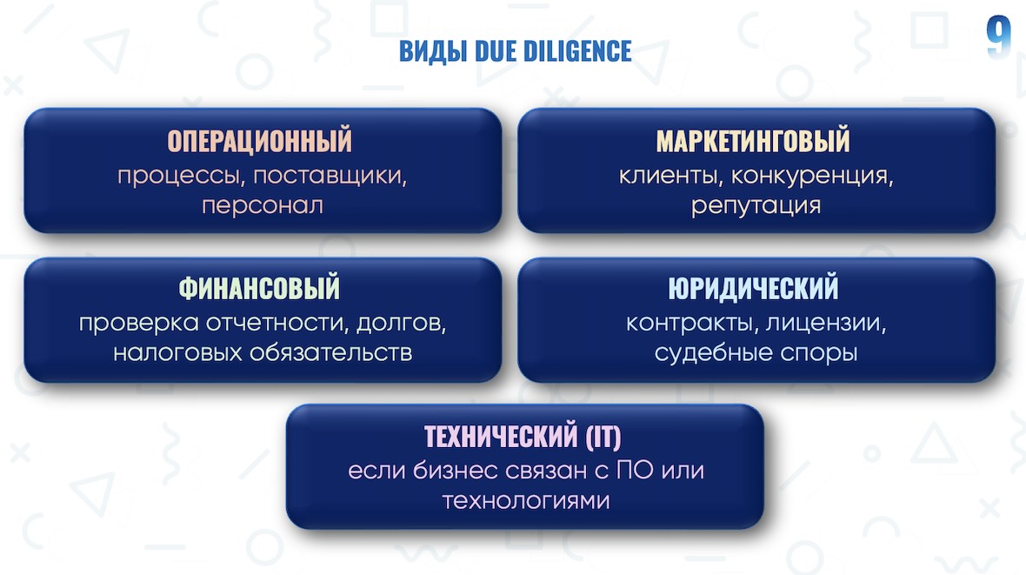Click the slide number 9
(x=998, y=37)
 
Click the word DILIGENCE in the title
(x=578, y=51)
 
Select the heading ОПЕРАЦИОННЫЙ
(x=260, y=141)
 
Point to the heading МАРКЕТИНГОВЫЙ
(x=753, y=141)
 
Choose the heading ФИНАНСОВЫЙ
(x=259, y=288)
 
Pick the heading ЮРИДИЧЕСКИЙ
(x=753, y=288)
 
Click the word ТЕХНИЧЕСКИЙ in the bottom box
(x=501, y=436)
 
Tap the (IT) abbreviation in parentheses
(x=603, y=437)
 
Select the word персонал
(x=263, y=205)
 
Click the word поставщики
(x=330, y=176)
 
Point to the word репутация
(x=756, y=205)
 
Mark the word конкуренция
(x=812, y=176)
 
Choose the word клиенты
(x=670, y=176)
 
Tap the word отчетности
(x=277, y=323)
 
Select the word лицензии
(x=826, y=323)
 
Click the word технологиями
(x=526, y=501)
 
